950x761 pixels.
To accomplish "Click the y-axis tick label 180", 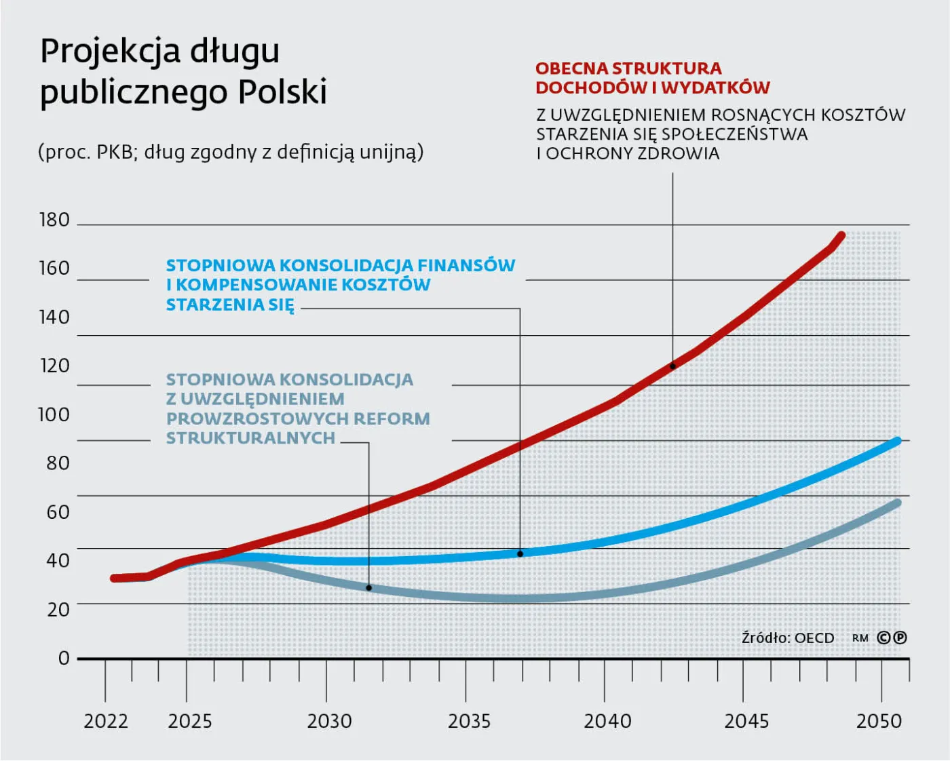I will pyautogui.click(x=54, y=220).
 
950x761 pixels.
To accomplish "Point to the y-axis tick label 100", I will pyautogui.click(x=54, y=414).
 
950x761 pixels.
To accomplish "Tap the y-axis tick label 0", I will pyautogui.click(x=64, y=658).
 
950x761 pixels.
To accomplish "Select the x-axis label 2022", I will pyautogui.click(x=106, y=721).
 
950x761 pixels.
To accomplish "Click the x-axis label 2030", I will pyautogui.click(x=329, y=721).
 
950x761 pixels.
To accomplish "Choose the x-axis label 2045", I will pyautogui.click(x=746, y=721).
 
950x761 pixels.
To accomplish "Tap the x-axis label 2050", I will pyautogui.click(x=879, y=721).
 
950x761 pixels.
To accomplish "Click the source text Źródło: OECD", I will pyautogui.click(x=788, y=638).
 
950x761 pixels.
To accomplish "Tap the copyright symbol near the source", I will pyautogui.click(x=884, y=638).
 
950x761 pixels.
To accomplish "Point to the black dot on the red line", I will pyautogui.click(x=672, y=366).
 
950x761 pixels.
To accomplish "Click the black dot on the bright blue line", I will pyautogui.click(x=520, y=554).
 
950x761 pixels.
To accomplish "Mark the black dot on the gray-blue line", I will pyautogui.click(x=369, y=588).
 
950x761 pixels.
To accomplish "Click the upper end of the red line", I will pyautogui.click(x=841, y=235).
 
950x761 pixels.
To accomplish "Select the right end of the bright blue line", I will pyautogui.click(x=897, y=442).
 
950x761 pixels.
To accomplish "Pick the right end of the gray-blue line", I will pyautogui.click(x=897, y=503).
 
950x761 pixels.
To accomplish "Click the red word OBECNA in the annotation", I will pyautogui.click(x=571, y=69).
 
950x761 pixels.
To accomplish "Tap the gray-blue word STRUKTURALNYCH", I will pyautogui.click(x=250, y=438).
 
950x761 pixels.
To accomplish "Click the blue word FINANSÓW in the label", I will pyautogui.click(x=466, y=265).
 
